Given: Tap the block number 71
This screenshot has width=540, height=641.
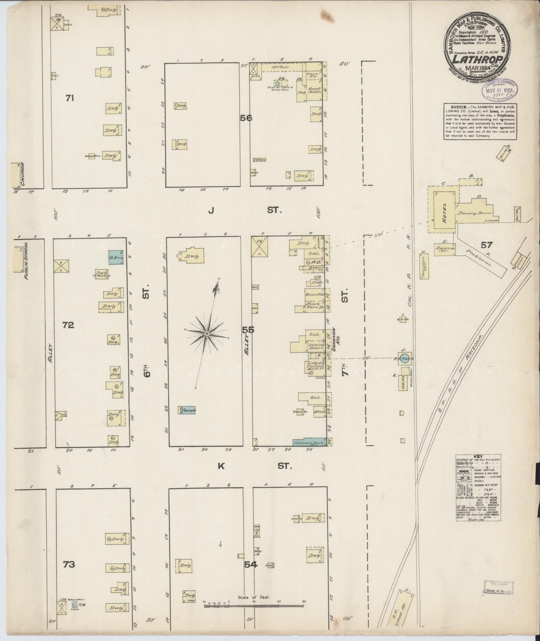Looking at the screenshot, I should coord(70,98).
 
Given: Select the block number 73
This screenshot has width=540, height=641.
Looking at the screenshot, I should coord(69,575).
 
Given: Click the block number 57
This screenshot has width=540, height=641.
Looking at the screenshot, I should coord(487,245).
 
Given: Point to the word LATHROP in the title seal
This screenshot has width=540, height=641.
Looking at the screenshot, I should coord(475,59).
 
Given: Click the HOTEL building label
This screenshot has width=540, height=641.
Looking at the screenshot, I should coord(444,212).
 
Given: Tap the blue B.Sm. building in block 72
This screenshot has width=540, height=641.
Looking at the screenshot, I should coord(115,257).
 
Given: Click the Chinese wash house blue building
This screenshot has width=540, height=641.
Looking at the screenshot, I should coord(309,442).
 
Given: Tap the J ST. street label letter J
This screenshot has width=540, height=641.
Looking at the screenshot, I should coord(211,211).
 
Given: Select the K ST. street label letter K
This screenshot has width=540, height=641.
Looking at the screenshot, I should coord(221,466).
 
